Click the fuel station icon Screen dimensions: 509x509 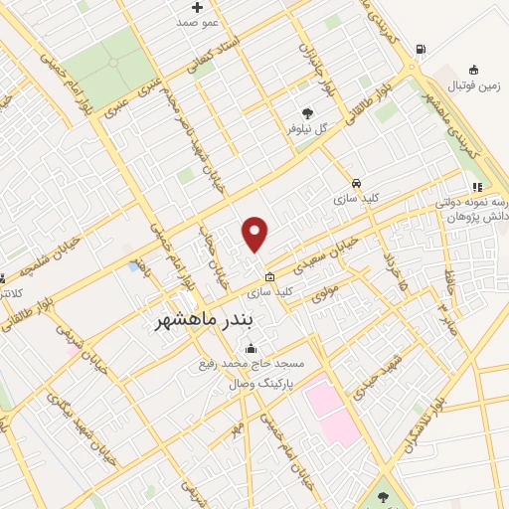pos(422,49)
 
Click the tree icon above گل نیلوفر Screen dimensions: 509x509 pos(307,112)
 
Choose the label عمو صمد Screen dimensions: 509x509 pos(199,21)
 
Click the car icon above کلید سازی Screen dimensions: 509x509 pos(356,184)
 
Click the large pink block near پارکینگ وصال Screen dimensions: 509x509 pos(333,410)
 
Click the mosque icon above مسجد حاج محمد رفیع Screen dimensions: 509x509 pos(250,349)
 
